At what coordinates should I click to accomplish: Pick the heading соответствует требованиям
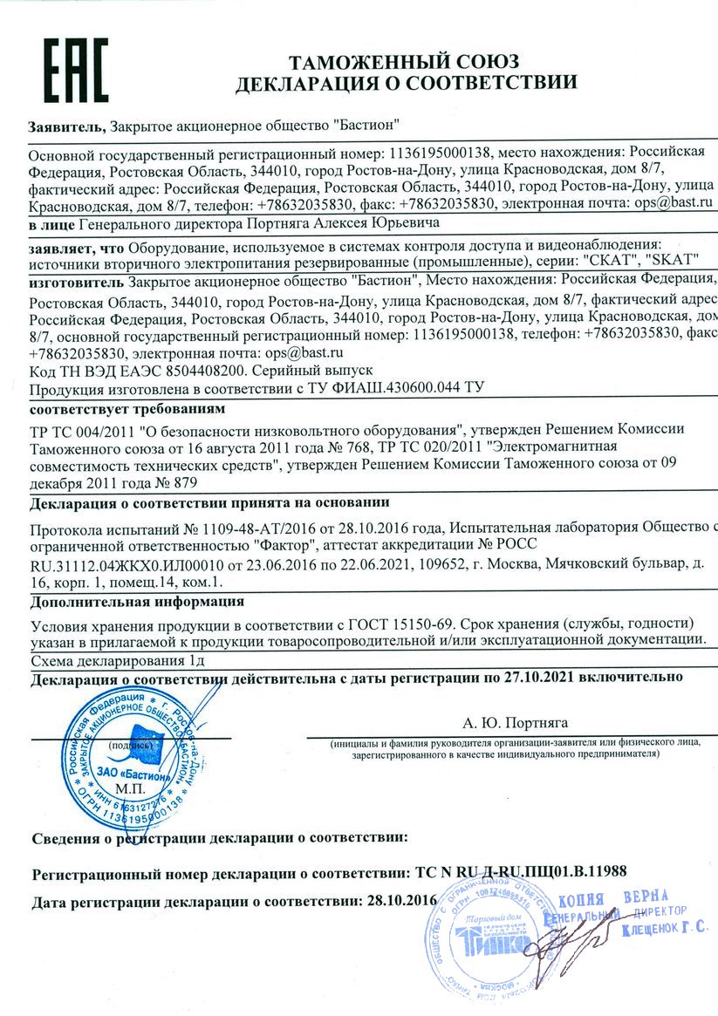[127, 408]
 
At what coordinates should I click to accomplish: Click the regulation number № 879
[174, 481]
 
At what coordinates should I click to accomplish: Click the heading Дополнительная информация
[137, 601]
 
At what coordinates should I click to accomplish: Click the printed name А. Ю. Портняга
[515, 722]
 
